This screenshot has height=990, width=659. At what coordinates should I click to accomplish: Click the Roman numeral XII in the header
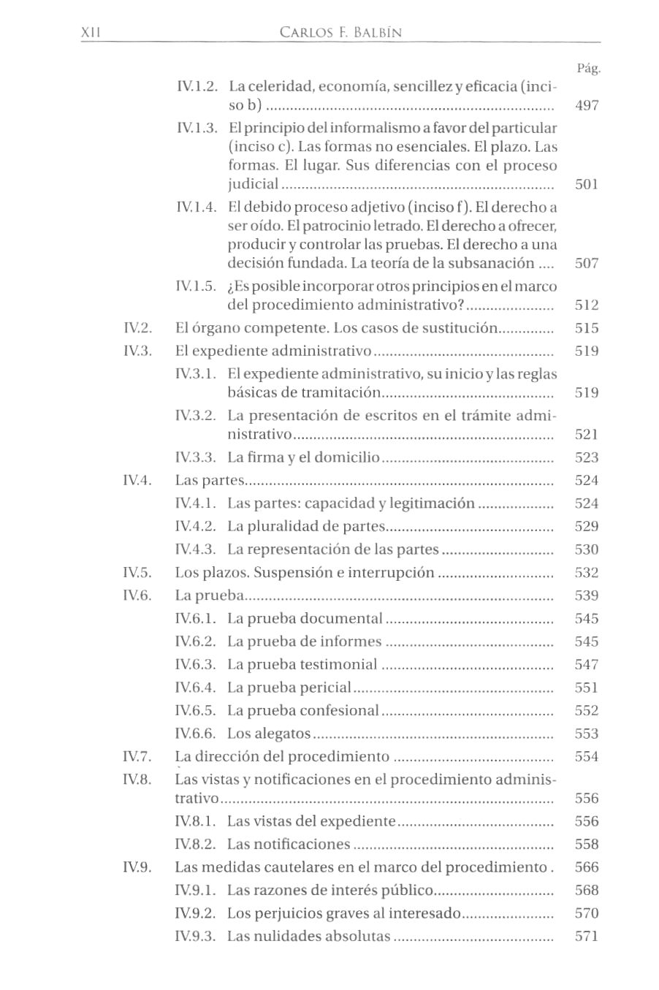[x=90, y=33]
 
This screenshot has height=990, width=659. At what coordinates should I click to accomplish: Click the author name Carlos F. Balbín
[x=340, y=33]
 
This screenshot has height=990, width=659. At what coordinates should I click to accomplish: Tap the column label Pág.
[x=588, y=69]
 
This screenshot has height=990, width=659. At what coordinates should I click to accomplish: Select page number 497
[x=587, y=105]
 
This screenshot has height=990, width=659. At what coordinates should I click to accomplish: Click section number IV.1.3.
[x=197, y=129]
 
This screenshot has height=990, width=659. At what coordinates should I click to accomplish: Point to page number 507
[x=587, y=263]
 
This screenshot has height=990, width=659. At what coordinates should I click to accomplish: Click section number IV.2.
[x=137, y=328]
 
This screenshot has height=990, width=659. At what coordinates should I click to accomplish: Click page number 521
[x=587, y=435]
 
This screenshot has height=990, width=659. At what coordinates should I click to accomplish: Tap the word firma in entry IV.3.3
[x=267, y=457]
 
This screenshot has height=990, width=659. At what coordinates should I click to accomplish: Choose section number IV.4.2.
[x=197, y=527]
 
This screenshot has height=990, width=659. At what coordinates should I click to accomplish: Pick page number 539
[x=587, y=595]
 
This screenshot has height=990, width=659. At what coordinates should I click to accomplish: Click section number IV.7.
[x=137, y=756]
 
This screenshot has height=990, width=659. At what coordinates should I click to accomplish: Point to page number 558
[x=587, y=845]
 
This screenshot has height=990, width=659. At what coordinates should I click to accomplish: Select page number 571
[x=587, y=937]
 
